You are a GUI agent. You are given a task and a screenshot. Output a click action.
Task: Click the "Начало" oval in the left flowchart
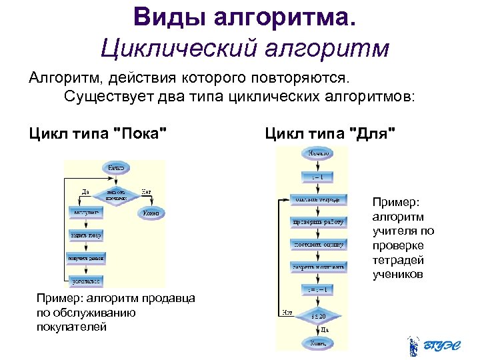[115, 168]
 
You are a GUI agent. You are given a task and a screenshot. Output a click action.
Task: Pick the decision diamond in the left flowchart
[115, 193]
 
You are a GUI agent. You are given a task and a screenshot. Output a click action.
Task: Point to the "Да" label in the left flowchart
[85, 191]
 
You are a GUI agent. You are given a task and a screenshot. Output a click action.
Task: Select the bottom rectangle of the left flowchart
[87, 281]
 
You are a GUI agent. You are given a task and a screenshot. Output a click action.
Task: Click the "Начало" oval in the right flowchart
[318, 154]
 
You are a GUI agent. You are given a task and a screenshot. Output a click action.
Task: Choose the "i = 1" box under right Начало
[318, 177]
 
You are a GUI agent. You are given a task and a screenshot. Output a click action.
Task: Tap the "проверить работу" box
[318, 221]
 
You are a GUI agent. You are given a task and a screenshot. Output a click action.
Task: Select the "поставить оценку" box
[318, 244]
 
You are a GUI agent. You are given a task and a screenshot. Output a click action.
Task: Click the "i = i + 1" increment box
[318, 290]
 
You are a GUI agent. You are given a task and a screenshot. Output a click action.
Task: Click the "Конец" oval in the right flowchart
[318, 343]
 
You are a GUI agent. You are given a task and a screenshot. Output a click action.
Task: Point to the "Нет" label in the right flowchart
[287, 311]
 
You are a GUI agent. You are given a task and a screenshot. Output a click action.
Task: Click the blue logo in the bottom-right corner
[430, 345]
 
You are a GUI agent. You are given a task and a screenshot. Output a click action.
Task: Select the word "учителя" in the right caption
[393, 231]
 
